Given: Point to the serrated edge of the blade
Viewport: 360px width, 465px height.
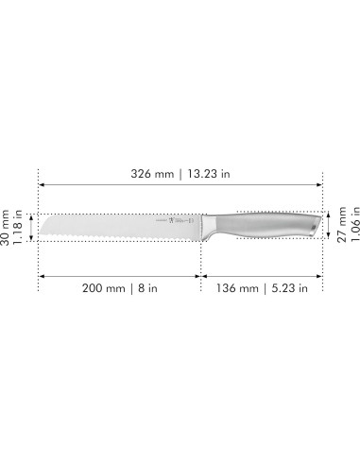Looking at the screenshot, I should point(113,236).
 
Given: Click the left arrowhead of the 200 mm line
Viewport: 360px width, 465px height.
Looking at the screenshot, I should point(41,275).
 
